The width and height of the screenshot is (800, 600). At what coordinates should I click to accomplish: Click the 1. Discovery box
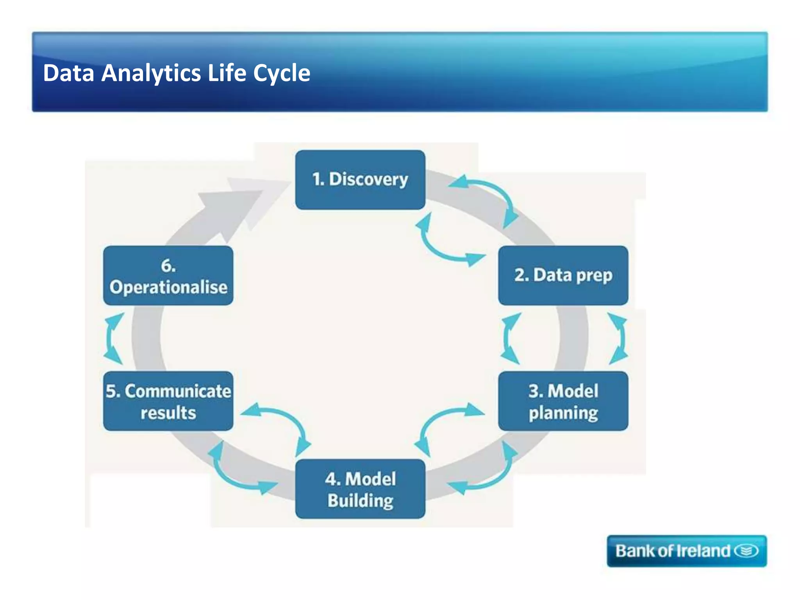click(360, 180)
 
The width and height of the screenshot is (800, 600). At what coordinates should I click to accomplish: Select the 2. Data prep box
click(563, 275)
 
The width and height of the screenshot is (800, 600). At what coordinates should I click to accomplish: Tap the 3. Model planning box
click(563, 401)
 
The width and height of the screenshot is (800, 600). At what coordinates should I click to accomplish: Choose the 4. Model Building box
click(360, 489)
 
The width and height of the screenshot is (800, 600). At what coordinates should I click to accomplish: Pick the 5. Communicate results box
click(168, 401)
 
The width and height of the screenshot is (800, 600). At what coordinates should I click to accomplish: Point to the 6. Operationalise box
click(168, 275)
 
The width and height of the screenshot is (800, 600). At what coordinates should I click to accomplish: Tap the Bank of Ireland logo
click(686, 551)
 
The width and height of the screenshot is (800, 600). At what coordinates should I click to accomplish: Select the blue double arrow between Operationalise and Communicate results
click(113, 338)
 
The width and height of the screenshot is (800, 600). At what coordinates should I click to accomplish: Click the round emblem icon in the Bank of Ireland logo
click(746, 551)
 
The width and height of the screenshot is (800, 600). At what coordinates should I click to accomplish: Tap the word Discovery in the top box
click(368, 180)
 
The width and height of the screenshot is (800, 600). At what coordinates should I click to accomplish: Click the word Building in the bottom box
click(360, 501)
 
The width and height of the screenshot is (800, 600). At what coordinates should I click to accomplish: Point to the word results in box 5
click(168, 413)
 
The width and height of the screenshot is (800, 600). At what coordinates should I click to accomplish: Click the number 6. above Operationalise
click(168, 266)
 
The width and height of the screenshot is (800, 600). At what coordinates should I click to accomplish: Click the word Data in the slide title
click(69, 73)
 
